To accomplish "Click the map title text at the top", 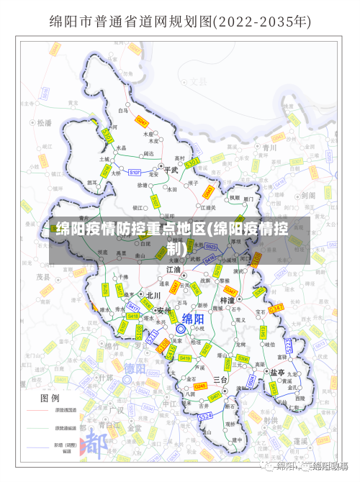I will (180, 22).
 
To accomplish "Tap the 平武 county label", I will (171, 170).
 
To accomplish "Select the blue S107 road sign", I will (135, 173).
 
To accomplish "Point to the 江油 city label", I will (174, 269).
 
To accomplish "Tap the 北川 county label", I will (153, 295).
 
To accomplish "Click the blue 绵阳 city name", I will (192, 319).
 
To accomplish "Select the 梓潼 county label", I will (228, 299).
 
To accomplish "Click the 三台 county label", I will (220, 379).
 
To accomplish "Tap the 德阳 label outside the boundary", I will (135, 369).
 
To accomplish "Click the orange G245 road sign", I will (200, 386).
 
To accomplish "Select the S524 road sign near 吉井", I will (205, 416).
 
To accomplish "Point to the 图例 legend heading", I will (50, 397).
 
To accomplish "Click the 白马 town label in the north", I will (123, 111).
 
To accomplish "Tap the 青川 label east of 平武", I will (270, 147).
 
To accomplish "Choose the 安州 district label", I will (164, 311).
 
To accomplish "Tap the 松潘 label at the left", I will (45, 123).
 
